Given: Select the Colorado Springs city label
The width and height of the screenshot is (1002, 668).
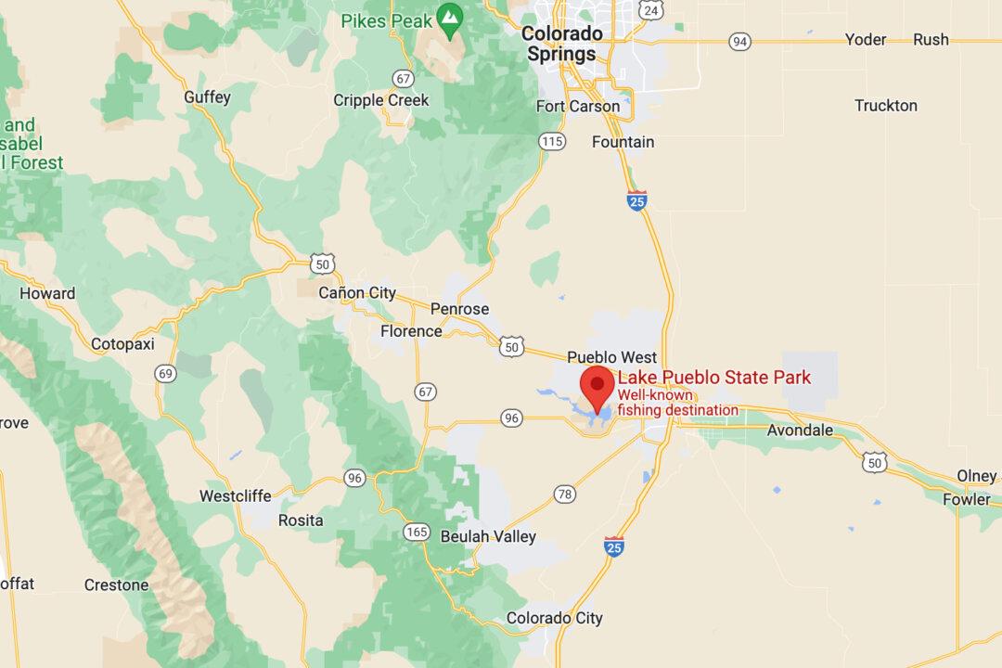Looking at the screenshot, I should (562, 44).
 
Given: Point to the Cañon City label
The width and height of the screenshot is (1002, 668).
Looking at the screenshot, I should (357, 293).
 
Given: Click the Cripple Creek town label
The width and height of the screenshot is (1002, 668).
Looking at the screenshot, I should (381, 100).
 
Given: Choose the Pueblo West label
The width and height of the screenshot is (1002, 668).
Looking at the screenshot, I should (611, 357).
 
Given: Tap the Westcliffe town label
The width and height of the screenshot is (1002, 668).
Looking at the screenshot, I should (236, 496).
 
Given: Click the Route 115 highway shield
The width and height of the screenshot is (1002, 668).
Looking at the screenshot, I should (552, 141).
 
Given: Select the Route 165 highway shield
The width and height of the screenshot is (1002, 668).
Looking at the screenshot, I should (416, 532).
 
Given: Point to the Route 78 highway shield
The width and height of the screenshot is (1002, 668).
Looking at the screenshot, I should (564, 495).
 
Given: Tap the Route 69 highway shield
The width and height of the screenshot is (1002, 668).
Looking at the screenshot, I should (166, 374).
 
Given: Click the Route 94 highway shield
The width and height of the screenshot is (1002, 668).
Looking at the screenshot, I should (739, 41).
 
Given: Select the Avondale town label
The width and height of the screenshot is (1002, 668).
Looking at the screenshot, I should (800, 430).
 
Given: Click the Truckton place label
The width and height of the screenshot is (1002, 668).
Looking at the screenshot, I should (885, 106).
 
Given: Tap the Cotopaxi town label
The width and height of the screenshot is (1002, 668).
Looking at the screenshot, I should (122, 344).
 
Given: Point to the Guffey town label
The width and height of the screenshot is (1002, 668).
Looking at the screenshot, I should (208, 97).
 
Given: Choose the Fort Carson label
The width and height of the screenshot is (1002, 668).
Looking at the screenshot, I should (578, 106).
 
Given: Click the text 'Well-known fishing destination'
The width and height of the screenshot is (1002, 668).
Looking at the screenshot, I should (678, 404).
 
